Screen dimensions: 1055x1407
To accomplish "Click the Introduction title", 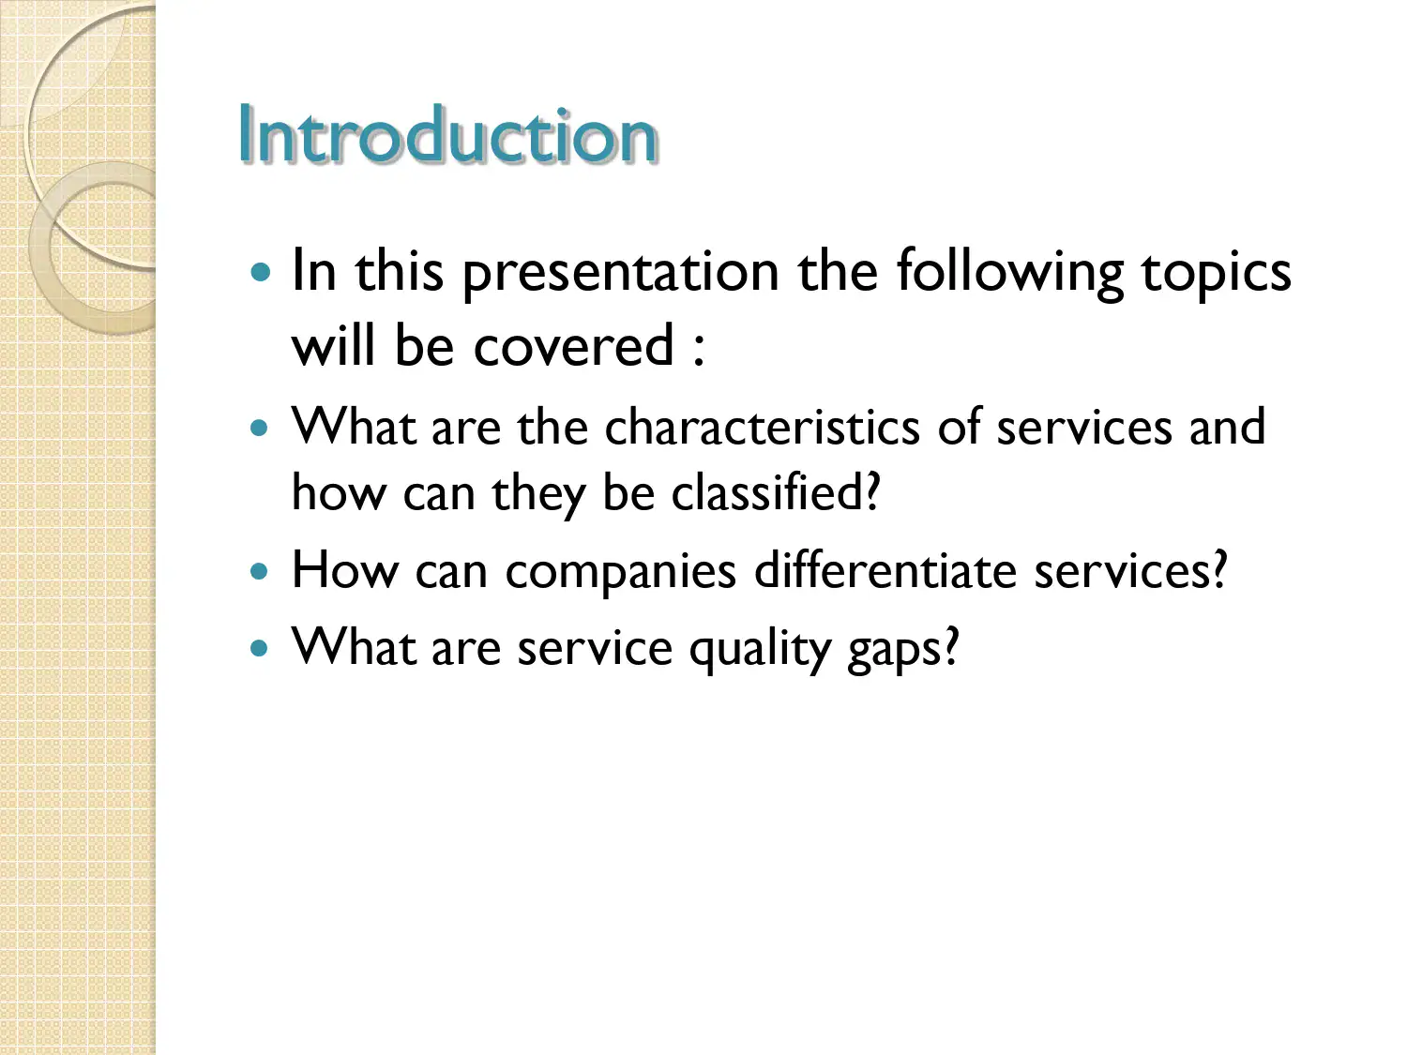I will click(x=447, y=136).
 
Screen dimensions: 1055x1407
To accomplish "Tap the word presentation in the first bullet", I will click(x=620, y=274).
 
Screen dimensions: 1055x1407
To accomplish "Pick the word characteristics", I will click(x=762, y=428).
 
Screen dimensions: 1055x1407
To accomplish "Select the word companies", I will click(x=620, y=572).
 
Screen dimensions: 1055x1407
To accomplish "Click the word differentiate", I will click(x=885, y=570).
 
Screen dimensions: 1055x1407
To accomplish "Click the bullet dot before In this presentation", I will click(x=261, y=273).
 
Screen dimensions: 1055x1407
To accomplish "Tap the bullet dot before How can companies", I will click(x=260, y=571).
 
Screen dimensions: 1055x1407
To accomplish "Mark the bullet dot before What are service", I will click(x=260, y=647).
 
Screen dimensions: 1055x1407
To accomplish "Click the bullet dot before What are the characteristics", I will click(x=260, y=429).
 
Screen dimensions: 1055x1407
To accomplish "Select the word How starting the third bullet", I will click(x=344, y=570).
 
